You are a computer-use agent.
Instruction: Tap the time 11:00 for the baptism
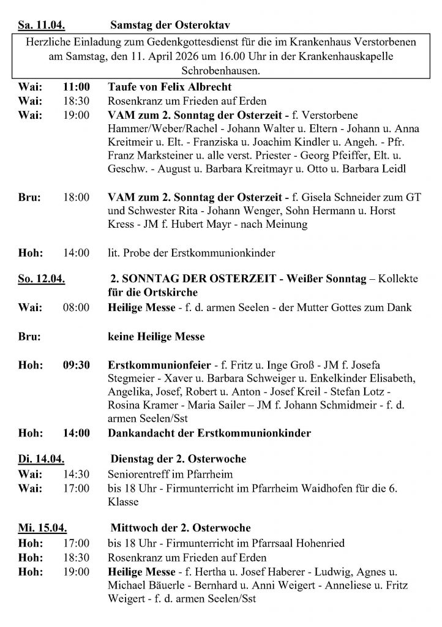[x=77, y=86]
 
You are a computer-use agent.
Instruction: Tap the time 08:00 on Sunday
[x=77, y=307]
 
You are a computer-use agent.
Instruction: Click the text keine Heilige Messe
[x=156, y=336]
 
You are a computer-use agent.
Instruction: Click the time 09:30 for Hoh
[x=77, y=365]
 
